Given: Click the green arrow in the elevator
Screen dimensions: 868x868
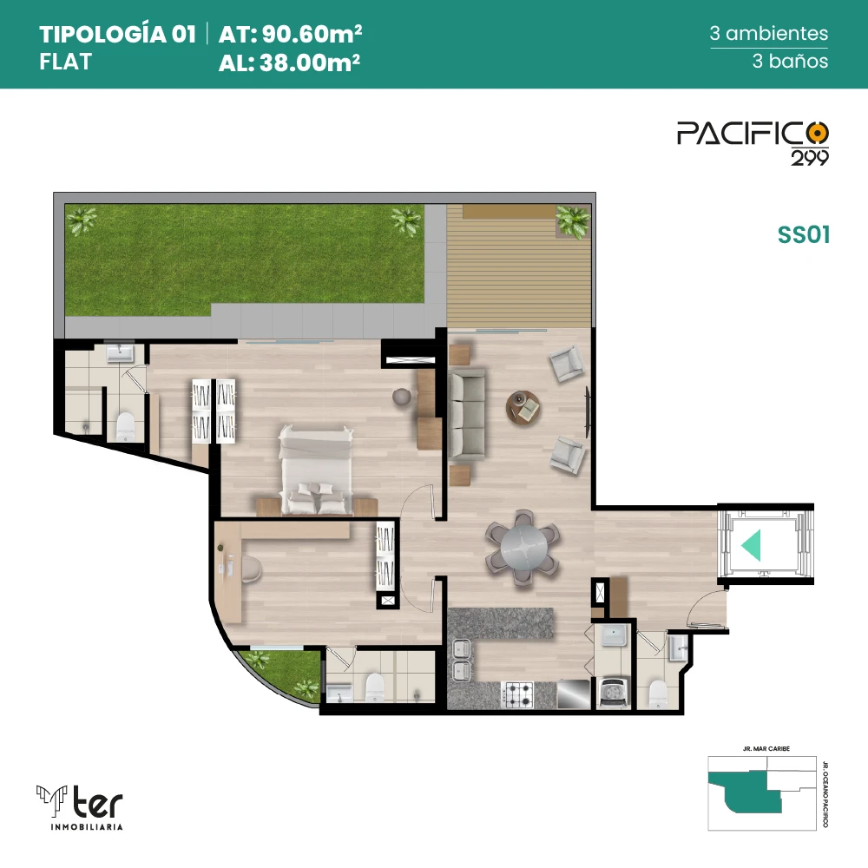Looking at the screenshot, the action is coord(752,545).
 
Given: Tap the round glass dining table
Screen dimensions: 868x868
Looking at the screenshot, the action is coord(523,547).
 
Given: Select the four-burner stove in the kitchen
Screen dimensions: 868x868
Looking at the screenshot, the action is coord(517,694).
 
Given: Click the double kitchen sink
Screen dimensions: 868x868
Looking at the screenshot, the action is coord(461,660).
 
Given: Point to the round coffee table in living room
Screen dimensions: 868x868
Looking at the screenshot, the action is coord(523,408).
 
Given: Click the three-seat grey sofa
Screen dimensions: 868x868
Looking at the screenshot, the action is coord(467,415).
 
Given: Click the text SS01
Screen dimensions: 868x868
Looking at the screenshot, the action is coord(804,234).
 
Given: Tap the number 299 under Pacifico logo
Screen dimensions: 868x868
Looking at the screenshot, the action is coord(809,158).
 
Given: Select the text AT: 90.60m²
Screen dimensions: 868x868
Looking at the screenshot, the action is coord(290,34).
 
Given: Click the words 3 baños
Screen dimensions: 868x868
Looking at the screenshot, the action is coord(790,61).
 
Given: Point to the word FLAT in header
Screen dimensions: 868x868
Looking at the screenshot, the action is coord(65,62).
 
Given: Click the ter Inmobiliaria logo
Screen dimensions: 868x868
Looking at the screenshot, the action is coord(80,807).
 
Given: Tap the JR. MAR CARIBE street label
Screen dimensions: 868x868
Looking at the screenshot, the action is coord(766,748).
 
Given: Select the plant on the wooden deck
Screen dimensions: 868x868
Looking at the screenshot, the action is coord(573,221).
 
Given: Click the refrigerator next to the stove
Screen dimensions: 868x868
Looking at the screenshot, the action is coord(574,694).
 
